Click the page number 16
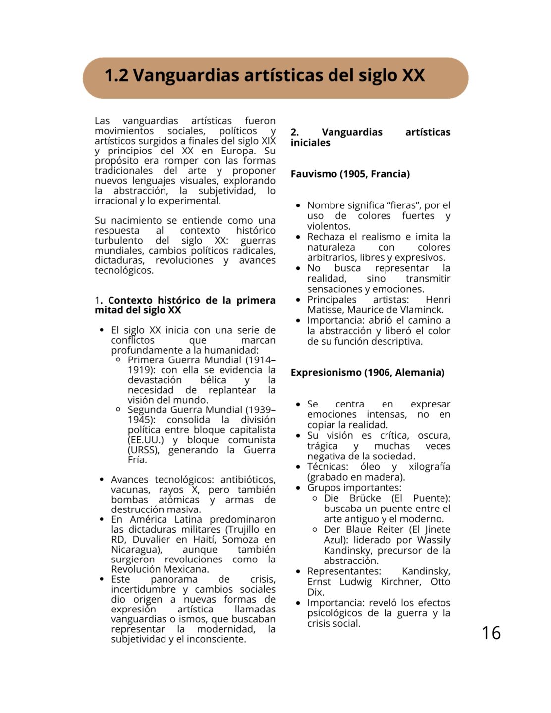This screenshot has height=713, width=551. tap(491, 633)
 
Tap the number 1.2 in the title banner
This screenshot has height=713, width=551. tap(116, 76)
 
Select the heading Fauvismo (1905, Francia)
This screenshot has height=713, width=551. tap(350, 174)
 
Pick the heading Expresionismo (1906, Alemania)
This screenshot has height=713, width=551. tap(367, 372)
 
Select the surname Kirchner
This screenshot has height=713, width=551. tap(400, 582)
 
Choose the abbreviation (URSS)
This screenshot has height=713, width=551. tap(143, 450)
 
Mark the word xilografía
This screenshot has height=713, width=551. tap(429, 467)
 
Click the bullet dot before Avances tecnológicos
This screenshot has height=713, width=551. tap(102, 480)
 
